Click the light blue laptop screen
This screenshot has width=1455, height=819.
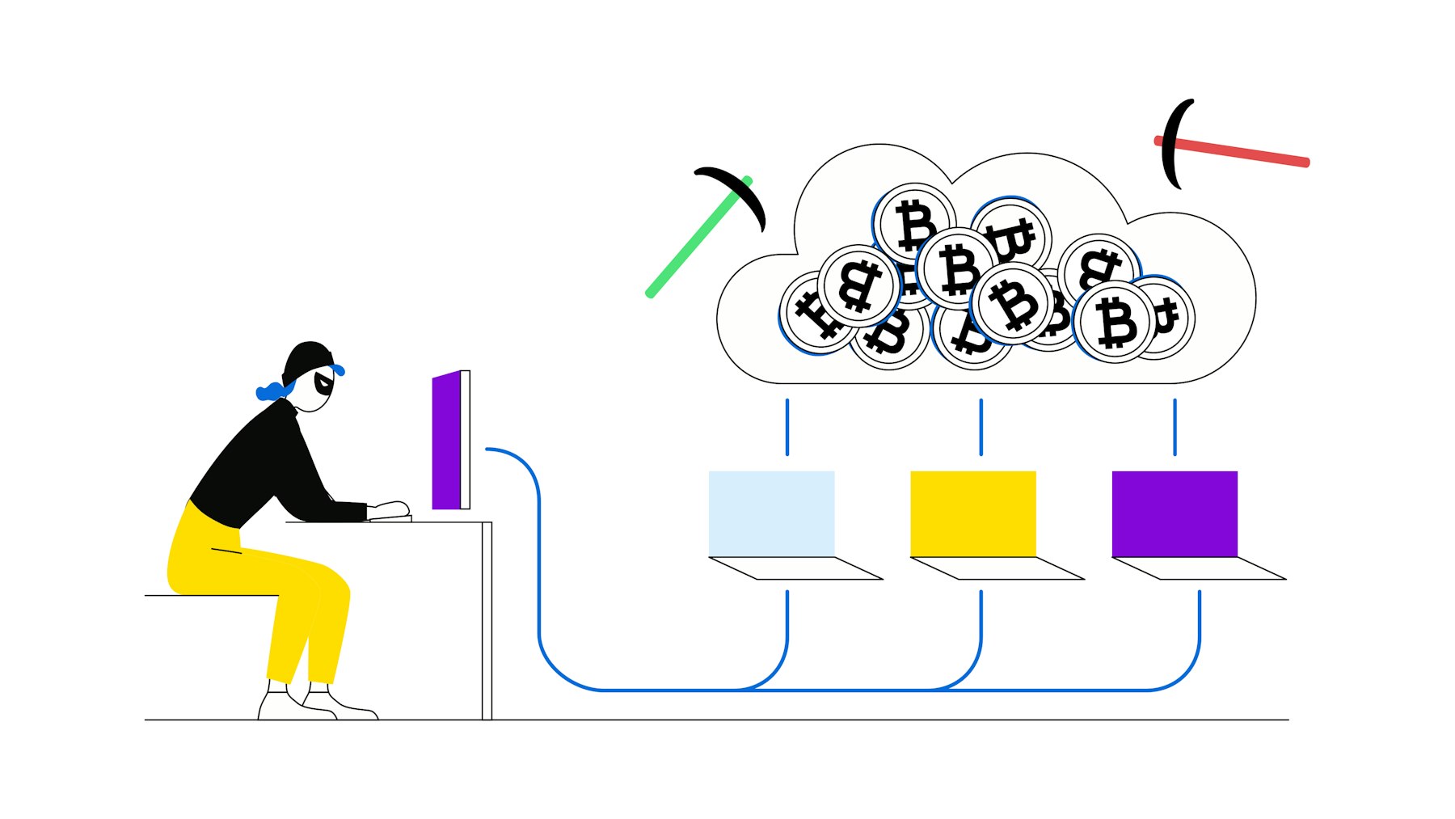pos(771,513)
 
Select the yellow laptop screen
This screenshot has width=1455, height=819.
pos(972,513)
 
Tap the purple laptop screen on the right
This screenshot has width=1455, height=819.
pos(1175,513)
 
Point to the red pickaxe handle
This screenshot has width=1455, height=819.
pos(1245,153)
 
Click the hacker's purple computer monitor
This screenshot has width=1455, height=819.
pos(446,441)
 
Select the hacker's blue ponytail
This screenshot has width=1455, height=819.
pos(271,392)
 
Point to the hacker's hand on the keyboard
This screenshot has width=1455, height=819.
pos(390,509)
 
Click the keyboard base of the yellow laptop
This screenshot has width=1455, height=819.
pos(997,568)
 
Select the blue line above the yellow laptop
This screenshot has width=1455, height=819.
pos(981,427)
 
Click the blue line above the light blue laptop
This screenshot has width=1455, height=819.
pos(787,427)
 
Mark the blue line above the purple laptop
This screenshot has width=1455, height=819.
pos(1175,427)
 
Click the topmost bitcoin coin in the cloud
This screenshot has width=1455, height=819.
pos(915,222)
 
